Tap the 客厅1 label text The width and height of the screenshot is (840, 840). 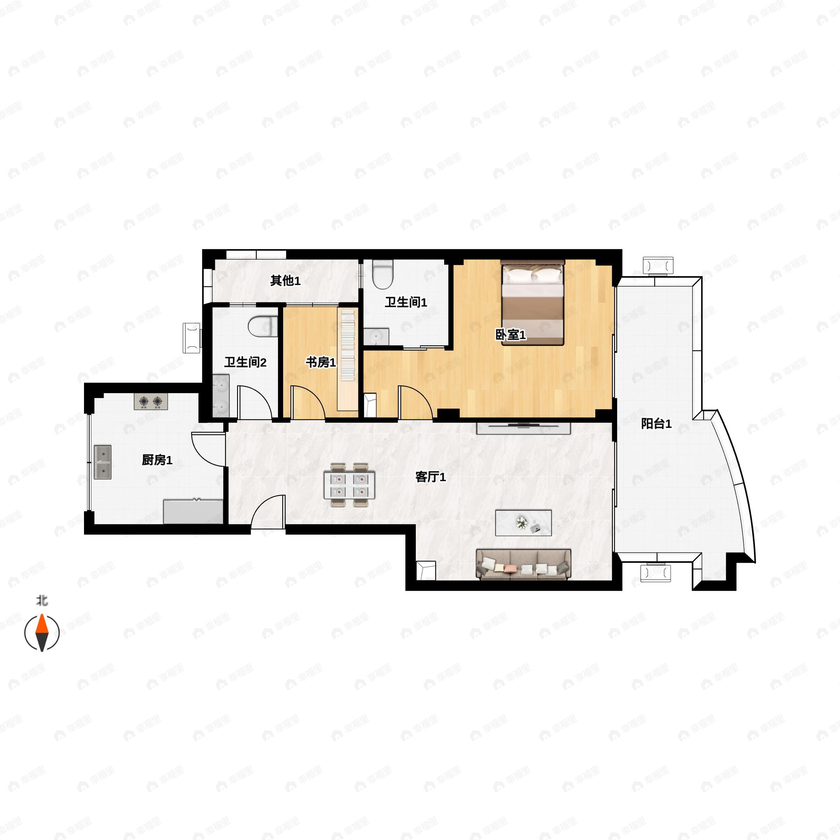430,477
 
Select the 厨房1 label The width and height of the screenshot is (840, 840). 157,460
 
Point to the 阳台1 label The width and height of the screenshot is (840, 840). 656,423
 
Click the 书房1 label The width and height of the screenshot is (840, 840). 321,362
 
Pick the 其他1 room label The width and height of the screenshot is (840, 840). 285,281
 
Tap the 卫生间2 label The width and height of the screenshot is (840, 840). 245,362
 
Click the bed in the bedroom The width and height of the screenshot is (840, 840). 533,303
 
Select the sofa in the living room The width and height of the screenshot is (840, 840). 524,564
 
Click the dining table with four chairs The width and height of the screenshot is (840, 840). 350,485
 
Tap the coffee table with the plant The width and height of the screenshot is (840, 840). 524,523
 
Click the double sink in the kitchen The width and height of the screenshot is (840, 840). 103,462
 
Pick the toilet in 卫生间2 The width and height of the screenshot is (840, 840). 263,327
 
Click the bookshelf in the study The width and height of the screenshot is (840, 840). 348,359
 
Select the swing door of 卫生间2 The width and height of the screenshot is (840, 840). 254,402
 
